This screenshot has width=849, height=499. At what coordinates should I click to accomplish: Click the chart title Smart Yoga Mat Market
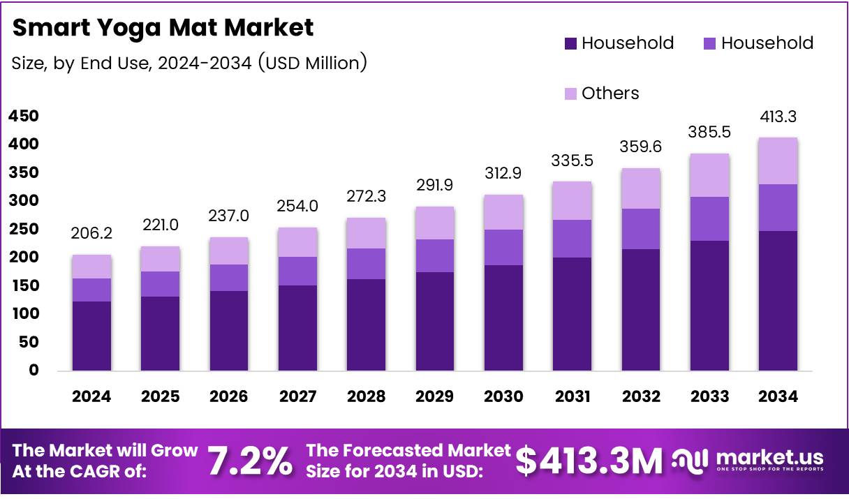click(163, 28)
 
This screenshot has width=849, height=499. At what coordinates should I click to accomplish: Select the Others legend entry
click(610, 94)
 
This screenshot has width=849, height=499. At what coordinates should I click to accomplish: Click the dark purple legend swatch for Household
click(570, 43)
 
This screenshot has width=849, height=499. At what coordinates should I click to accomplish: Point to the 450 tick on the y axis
click(24, 116)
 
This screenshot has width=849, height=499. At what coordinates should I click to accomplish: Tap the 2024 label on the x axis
click(91, 396)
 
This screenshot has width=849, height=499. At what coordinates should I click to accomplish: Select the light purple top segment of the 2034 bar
click(778, 161)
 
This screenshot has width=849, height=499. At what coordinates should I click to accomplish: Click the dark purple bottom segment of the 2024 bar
click(91, 336)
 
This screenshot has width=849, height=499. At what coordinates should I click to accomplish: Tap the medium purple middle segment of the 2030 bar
click(503, 247)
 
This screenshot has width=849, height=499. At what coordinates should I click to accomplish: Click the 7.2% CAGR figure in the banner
click(250, 461)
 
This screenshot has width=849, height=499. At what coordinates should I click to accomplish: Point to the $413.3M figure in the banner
click(589, 461)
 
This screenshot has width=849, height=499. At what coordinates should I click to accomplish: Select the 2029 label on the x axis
click(435, 396)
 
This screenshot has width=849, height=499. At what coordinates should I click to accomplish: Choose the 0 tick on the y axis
click(34, 371)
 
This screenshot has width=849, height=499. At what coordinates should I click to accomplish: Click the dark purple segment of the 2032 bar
click(641, 310)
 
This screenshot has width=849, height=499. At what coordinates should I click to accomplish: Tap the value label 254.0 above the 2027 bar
click(297, 206)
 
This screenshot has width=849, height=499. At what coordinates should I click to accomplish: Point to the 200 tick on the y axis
click(24, 258)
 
